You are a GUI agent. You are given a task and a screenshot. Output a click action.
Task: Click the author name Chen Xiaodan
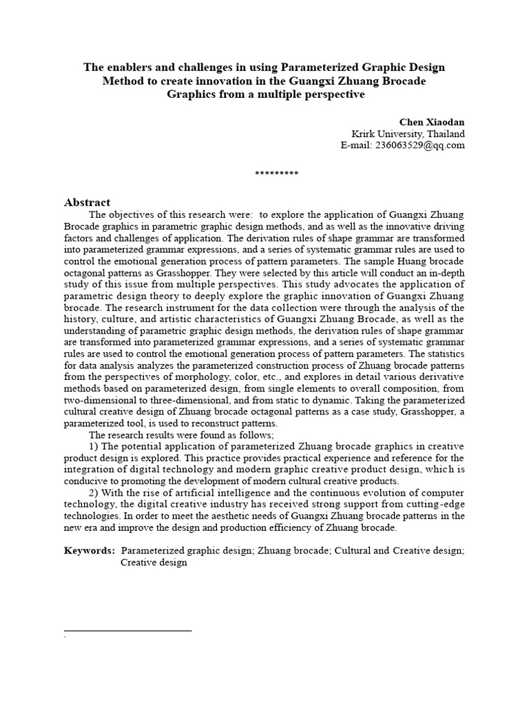click(433, 122)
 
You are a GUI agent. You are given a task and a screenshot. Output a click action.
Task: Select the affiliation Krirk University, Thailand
click(408, 134)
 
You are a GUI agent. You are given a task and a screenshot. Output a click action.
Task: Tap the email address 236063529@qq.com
click(402, 145)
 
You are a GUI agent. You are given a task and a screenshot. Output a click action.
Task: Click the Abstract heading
click(87, 202)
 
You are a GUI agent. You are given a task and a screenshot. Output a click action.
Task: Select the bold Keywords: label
click(90, 550)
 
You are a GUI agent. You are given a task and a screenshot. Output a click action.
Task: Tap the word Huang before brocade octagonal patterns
click(395, 262)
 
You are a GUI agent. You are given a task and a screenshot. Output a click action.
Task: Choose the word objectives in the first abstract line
click(130, 214)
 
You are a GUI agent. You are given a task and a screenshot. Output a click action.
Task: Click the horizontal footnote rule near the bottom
click(127, 630)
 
